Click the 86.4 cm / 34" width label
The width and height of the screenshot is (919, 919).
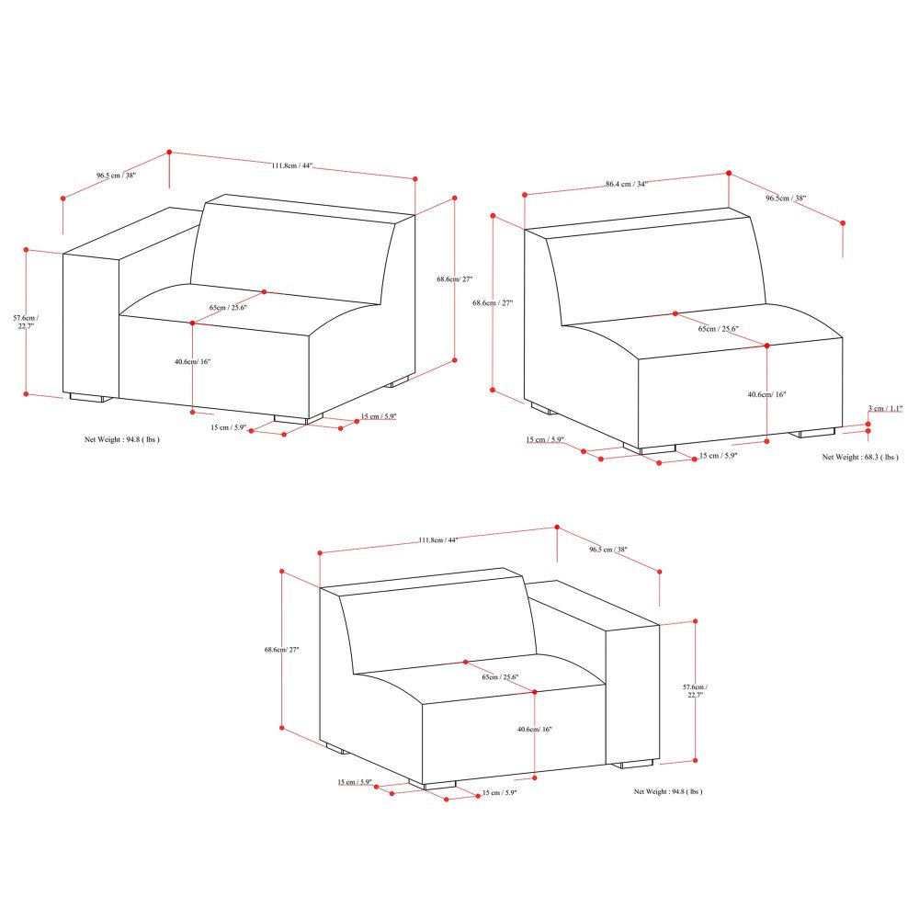[x=627, y=184]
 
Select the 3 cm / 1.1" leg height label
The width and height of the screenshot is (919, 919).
[x=886, y=408]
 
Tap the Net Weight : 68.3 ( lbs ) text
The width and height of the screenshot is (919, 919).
[x=860, y=457]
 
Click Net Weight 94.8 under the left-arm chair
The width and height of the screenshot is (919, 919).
[x=122, y=440]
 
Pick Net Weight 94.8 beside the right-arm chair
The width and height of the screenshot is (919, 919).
[x=667, y=790]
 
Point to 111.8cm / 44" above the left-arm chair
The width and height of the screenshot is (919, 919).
[x=292, y=165]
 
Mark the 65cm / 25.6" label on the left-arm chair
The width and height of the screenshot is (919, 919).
[x=228, y=307]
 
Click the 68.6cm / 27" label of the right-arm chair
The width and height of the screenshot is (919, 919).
[x=282, y=650]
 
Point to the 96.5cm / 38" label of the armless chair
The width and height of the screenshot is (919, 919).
[x=786, y=198]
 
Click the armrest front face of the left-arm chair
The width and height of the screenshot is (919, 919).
[x=91, y=326]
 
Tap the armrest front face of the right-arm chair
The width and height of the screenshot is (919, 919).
[x=632, y=695]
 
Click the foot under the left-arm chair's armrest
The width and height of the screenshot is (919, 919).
[x=89, y=399]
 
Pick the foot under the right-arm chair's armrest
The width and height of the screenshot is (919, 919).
[x=635, y=764]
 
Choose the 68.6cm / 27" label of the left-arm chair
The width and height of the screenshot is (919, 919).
[x=454, y=278]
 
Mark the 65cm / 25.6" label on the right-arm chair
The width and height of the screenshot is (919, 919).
[x=500, y=677]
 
